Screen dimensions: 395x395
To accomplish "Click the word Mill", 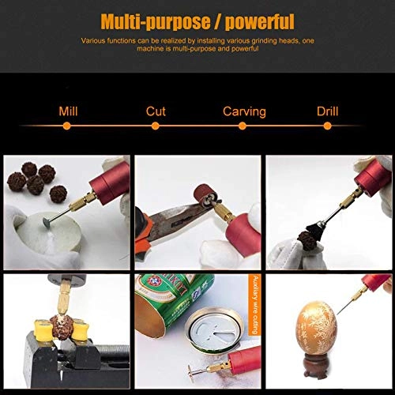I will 69,111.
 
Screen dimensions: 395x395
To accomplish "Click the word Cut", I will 156,111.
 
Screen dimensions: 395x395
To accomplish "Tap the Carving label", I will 243,111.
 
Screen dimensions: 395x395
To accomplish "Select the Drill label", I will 327,111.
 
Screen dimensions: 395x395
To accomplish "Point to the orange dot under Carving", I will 242,125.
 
